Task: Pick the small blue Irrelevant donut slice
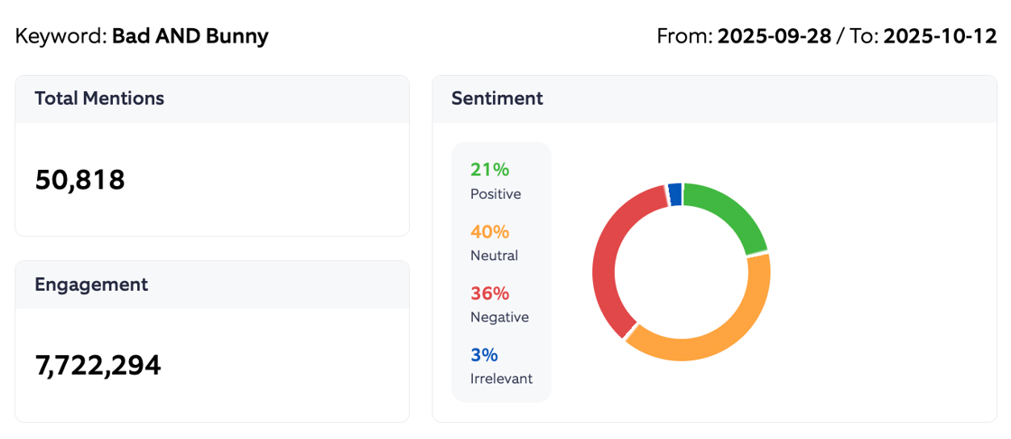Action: tap(674, 194)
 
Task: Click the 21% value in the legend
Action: tap(490, 170)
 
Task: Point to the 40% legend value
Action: tap(490, 231)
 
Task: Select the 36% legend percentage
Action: tap(490, 294)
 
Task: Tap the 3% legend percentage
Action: tap(484, 355)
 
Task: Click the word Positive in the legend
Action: tap(496, 194)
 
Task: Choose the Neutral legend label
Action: tap(494, 256)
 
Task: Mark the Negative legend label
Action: tap(499, 317)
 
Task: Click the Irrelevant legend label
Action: tap(501, 378)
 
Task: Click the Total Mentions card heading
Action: tap(99, 98)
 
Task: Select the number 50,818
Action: tap(79, 180)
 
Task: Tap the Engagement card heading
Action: tap(91, 285)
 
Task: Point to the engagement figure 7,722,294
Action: tap(97, 365)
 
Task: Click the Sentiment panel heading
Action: tap(496, 98)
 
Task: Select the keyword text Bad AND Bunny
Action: tap(190, 37)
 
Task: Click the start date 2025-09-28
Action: tap(774, 37)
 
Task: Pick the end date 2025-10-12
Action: tap(940, 37)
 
